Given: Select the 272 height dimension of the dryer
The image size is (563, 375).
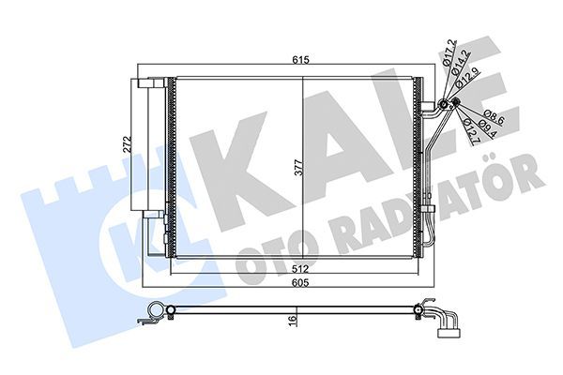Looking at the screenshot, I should pyautogui.click(x=125, y=146).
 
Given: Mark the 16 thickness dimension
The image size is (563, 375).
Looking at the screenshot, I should pyautogui.click(x=293, y=321).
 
